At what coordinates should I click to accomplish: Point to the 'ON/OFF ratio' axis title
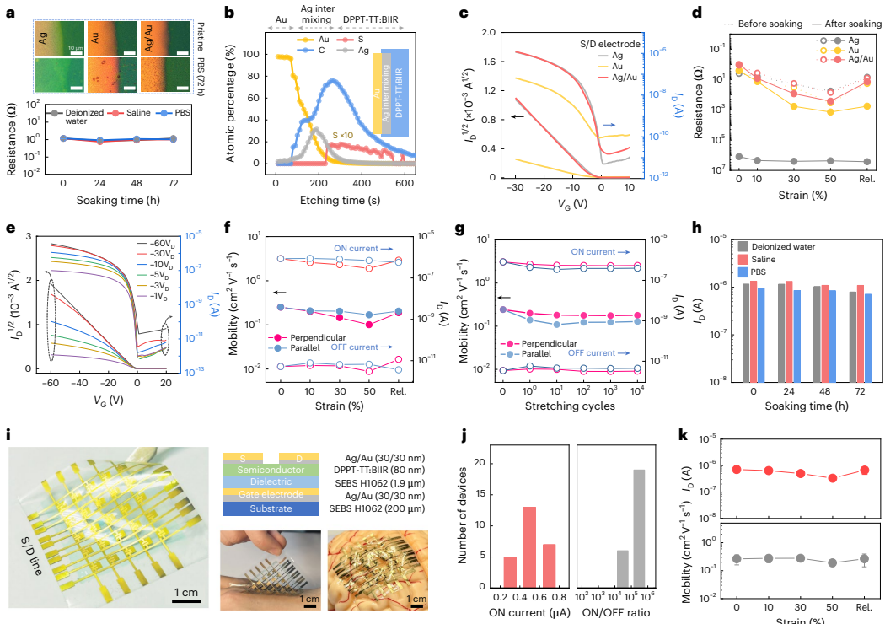619,611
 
